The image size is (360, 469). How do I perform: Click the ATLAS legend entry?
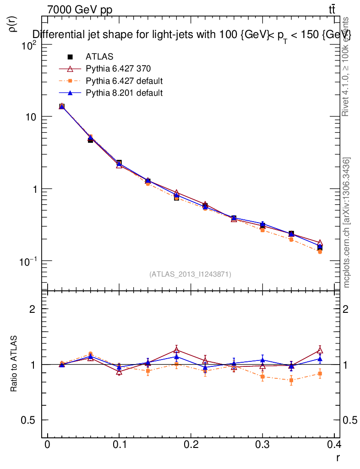coord(99,57)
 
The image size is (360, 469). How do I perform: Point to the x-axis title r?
coord(338,457)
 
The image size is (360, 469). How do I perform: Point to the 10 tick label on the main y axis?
coord(30,117)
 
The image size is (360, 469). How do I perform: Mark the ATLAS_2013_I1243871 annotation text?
coord(190,274)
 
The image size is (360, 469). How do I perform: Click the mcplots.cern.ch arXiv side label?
coord(347,223)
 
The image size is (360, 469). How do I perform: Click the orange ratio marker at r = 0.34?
coord(291,380)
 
